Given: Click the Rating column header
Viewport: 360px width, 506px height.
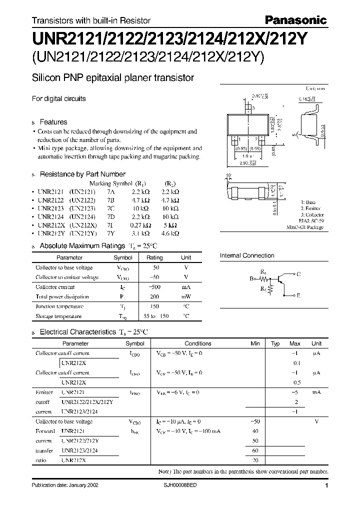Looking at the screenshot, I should click(154, 257).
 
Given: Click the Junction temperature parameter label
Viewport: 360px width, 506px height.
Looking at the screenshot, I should click(59, 306).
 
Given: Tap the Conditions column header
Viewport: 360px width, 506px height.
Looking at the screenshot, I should click(198, 343).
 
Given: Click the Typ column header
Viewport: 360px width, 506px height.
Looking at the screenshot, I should click(275, 343).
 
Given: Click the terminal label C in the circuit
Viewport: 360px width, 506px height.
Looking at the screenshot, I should click(298, 274).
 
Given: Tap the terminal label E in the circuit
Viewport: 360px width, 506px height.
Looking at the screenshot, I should click(298, 296).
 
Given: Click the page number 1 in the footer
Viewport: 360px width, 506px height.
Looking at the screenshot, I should click(326, 486).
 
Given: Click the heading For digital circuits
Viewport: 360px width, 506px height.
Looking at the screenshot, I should click(58, 98).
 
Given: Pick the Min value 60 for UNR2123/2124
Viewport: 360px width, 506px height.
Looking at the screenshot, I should click(256, 450).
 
